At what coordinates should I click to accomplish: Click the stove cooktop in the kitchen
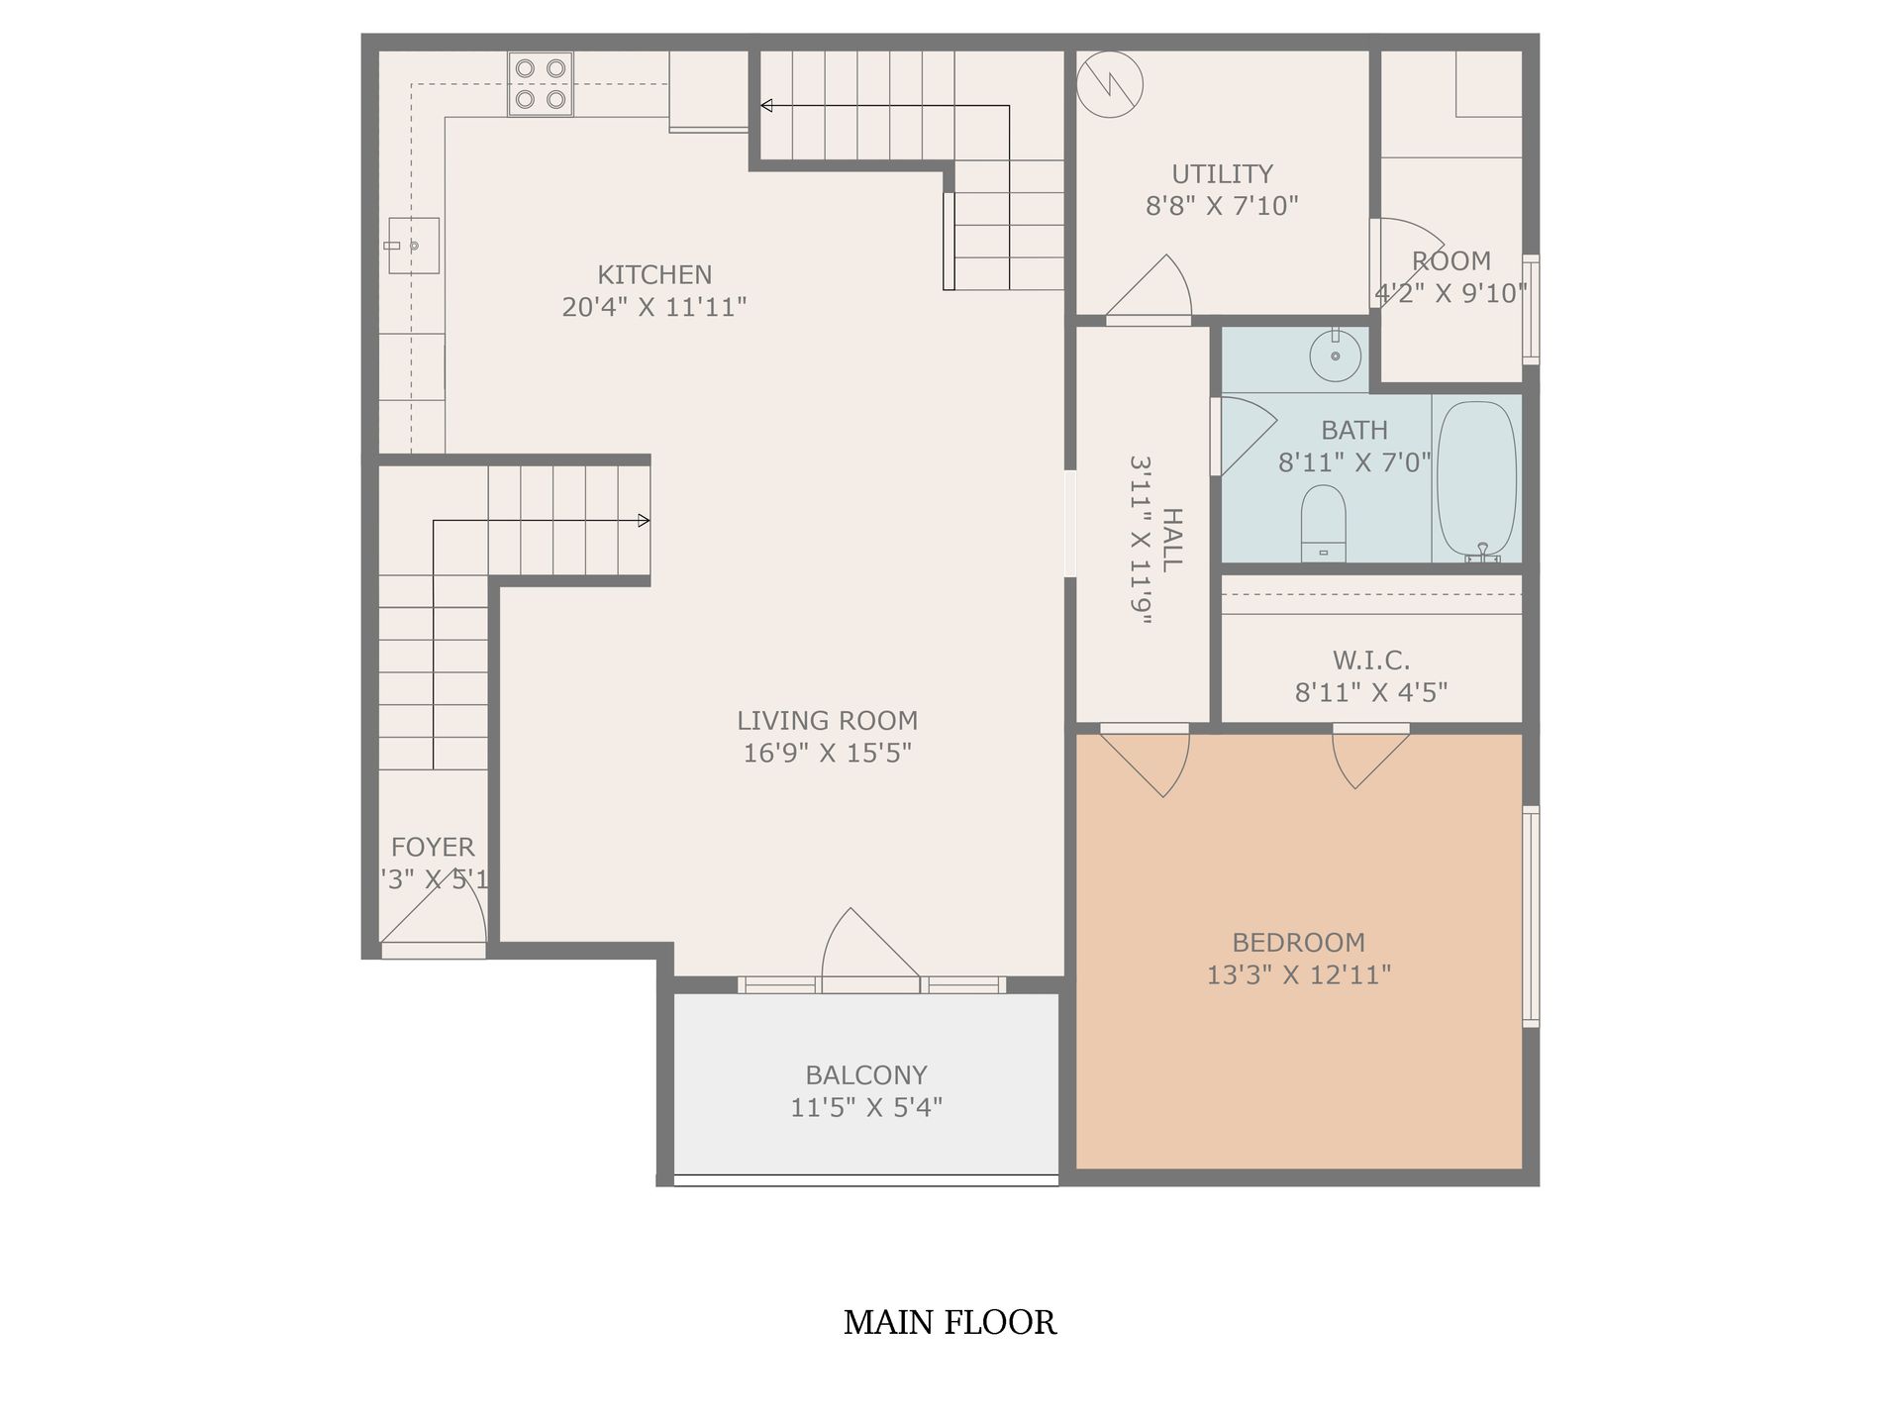pyautogui.click(x=541, y=83)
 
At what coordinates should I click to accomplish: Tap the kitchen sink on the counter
pyautogui.click(x=414, y=245)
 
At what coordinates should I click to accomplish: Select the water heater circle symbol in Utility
pyautogui.click(x=1109, y=84)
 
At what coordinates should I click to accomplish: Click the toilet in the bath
pyautogui.click(x=1323, y=523)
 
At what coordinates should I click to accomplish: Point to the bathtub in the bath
pyautogui.click(x=1476, y=480)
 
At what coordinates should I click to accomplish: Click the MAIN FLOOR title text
pyautogui.click(x=950, y=1322)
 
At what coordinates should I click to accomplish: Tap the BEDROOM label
pyautogui.click(x=1298, y=942)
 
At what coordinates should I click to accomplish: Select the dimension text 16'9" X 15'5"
pyautogui.click(x=827, y=753)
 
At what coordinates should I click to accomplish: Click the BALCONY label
pyautogui.click(x=865, y=1074)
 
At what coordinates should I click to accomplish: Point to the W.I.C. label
pyautogui.click(x=1370, y=660)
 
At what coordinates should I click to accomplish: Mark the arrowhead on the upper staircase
pyautogui.click(x=766, y=106)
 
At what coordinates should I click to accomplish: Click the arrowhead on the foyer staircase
pyautogui.click(x=644, y=520)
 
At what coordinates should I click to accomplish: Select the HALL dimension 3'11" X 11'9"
pyautogui.click(x=1142, y=540)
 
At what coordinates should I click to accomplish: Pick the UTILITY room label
pyautogui.click(x=1222, y=173)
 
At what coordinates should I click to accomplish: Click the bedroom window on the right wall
pyautogui.click(x=1531, y=916)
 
